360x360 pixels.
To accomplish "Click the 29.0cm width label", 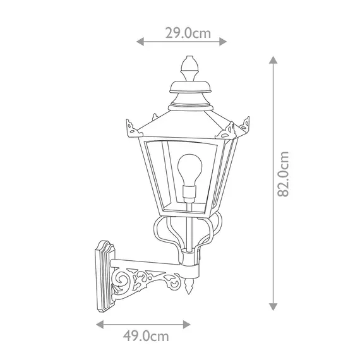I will click(x=188, y=33).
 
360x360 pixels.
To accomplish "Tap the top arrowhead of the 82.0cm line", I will click(x=272, y=59).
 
